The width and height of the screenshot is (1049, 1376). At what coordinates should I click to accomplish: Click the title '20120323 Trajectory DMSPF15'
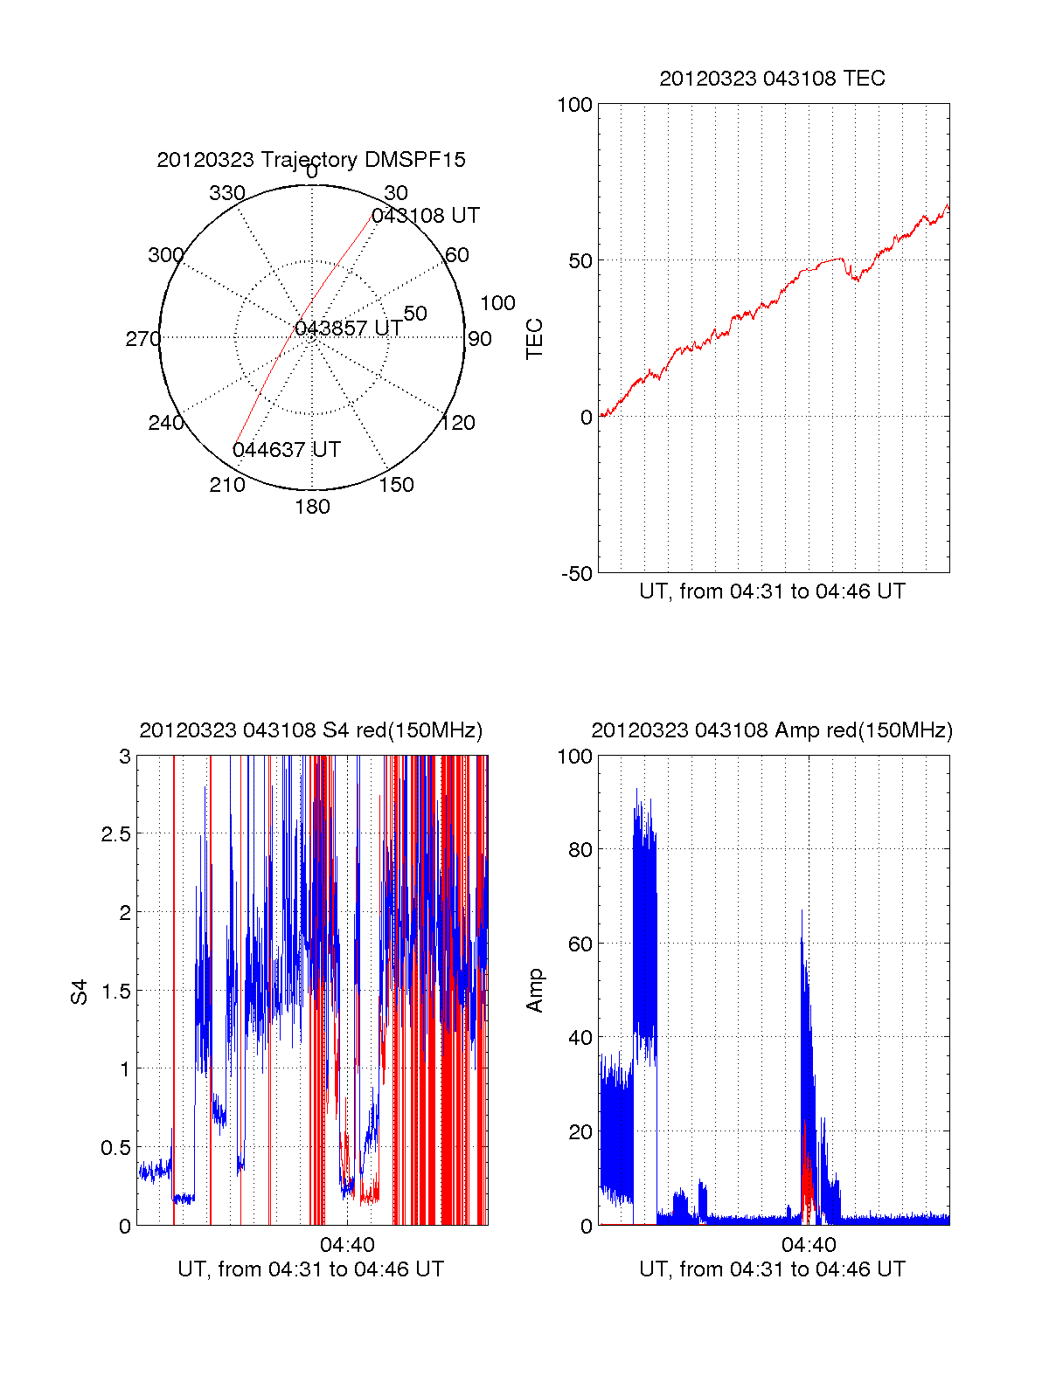pyautogui.click(x=311, y=160)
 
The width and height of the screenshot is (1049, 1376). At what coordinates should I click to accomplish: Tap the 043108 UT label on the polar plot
pyautogui.click(x=426, y=216)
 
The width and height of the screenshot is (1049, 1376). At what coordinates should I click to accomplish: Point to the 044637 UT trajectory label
pyautogui.click(x=287, y=450)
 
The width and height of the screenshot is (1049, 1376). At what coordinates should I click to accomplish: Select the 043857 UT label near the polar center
pyautogui.click(x=349, y=328)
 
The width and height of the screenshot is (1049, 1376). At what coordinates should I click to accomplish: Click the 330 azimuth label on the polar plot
pyautogui.click(x=227, y=193)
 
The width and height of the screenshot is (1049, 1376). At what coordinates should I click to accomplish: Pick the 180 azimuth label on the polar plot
pyautogui.click(x=312, y=507)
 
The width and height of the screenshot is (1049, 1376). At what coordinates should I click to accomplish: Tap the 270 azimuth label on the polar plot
pyautogui.click(x=142, y=339)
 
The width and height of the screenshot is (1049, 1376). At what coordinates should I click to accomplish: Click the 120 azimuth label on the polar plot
pyautogui.click(x=458, y=424)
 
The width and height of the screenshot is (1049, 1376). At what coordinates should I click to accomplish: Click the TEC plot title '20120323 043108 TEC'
pyautogui.click(x=772, y=79)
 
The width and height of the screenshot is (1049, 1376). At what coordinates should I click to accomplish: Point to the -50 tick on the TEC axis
pyautogui.click(x=576, y=574)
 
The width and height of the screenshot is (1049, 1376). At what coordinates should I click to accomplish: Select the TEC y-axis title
pyautogui.click(x=534, y=339)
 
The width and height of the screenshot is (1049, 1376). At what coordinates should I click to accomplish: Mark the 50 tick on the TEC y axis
pyautogui.click(x=580, y=261)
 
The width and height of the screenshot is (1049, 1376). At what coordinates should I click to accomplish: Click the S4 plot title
pyautogui.click(x=311, y=730)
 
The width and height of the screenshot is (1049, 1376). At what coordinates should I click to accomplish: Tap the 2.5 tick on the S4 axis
pyautogui.click(x=115, y=834)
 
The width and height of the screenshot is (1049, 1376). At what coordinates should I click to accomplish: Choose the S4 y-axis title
pyautogui.click(x=80, y=992)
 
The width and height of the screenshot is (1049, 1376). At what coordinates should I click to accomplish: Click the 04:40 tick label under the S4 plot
pyautogui.click(x=347, y=1245)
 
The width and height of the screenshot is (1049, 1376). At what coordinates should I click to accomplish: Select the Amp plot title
pyautogui.click(x=772, y=730)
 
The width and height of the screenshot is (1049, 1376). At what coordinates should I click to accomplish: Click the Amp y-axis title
pyautogui.click(x=534, y=991)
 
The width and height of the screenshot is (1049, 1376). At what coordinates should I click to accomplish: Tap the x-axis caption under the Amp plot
pyautogui.click(x=772, y=1269)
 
